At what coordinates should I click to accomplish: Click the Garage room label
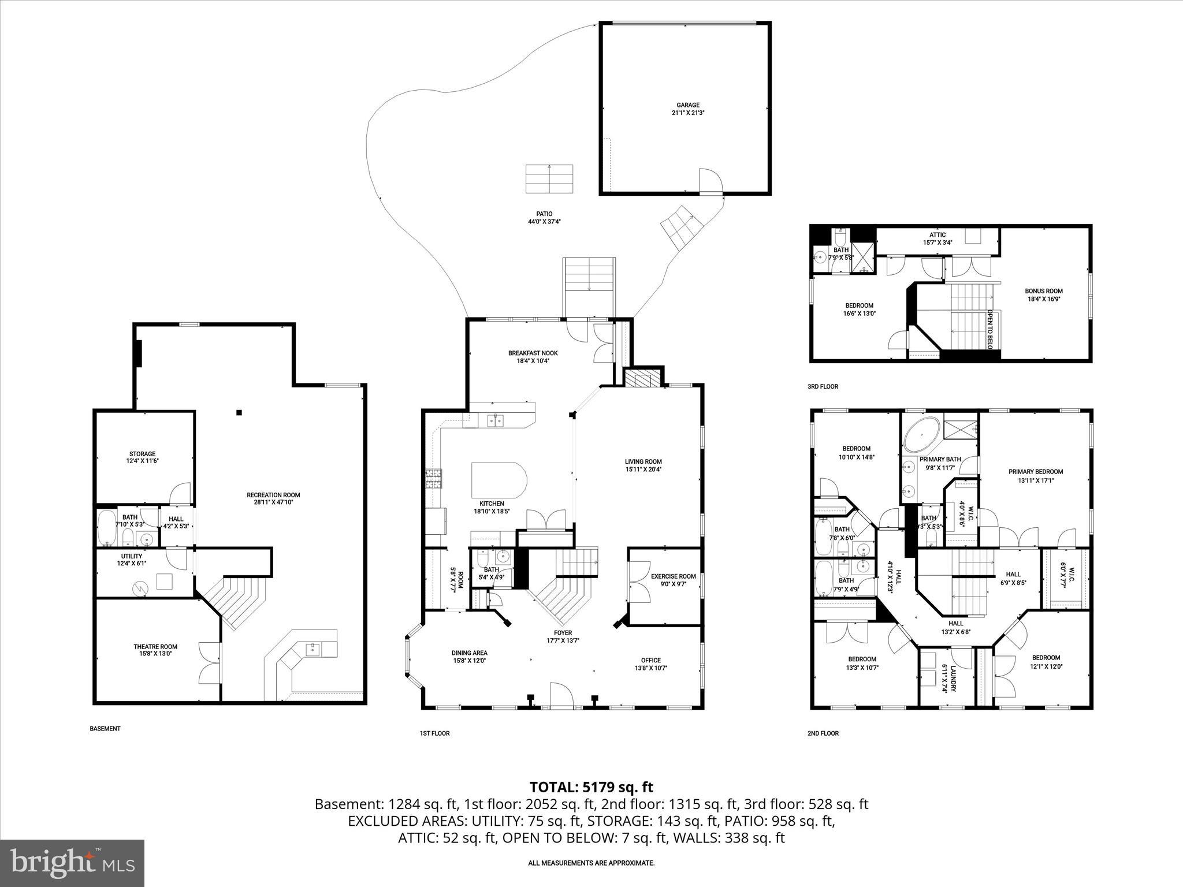coord(687,109)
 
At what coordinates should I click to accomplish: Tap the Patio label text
coord(540,217)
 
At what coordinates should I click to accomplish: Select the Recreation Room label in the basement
coord(273,498)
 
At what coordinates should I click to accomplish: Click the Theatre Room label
coord(155,650)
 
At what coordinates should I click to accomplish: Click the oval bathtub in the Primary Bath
coord(922,436)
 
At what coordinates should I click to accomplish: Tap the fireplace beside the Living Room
coord(642,379)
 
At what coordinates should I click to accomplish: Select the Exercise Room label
coord(674,580)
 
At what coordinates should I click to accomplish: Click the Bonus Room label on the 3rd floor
coord(1044,295)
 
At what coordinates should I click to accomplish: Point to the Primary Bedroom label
coord(1036,475)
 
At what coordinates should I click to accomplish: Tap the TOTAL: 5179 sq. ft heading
coord(591,787)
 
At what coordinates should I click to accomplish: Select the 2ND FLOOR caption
coord(823,733)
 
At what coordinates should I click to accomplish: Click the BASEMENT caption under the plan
coord(105,729)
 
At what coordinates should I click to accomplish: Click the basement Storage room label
coord(142,457)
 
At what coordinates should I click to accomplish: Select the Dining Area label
coord(469,657)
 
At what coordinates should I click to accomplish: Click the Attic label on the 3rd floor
coord(937,238)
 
